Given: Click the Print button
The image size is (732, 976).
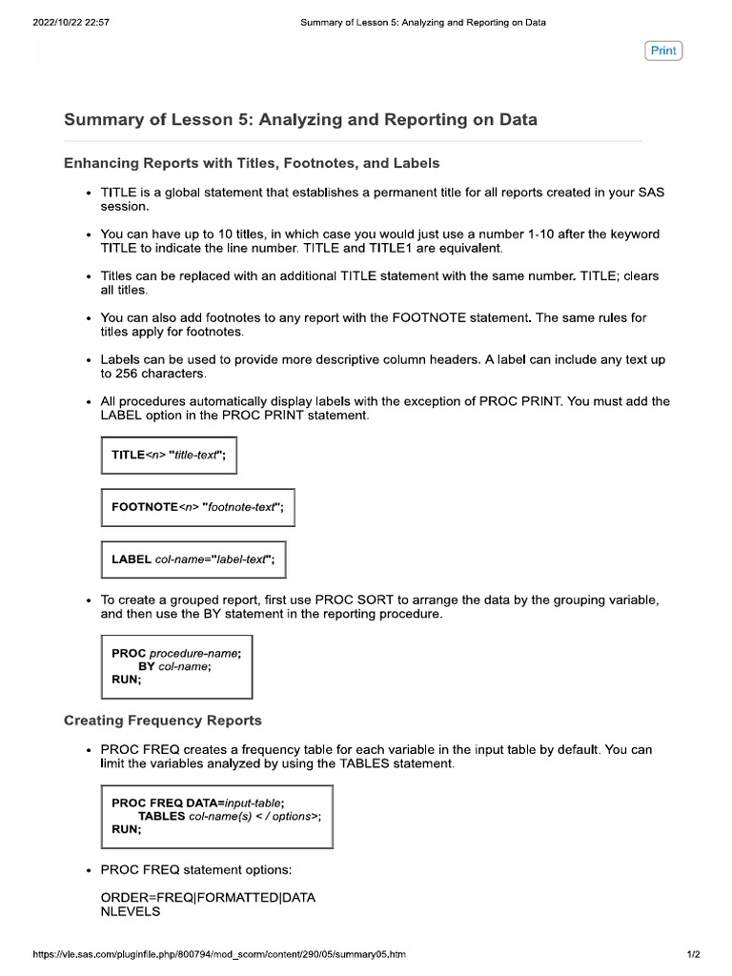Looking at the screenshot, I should (663, 51).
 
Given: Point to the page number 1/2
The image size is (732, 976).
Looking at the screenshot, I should (693, 954).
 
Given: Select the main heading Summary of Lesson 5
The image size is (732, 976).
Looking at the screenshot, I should (300, 120).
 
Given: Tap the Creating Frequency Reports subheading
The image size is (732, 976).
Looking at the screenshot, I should (162, 720).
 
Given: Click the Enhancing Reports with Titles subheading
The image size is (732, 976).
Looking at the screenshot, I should (252, 164).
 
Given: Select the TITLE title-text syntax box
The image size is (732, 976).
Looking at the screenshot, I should (169, 456).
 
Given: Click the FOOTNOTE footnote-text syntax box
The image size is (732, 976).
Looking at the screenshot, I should (197, 507).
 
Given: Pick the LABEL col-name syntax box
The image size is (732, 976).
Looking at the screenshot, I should (193, 559).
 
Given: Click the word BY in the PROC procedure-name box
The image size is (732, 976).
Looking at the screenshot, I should (147, 667).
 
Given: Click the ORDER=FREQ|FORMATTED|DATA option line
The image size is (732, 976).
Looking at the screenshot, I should (208, 898).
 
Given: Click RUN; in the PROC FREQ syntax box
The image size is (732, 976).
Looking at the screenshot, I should (127, 830).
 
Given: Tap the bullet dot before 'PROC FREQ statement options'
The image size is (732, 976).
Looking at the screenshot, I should (88, 870).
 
